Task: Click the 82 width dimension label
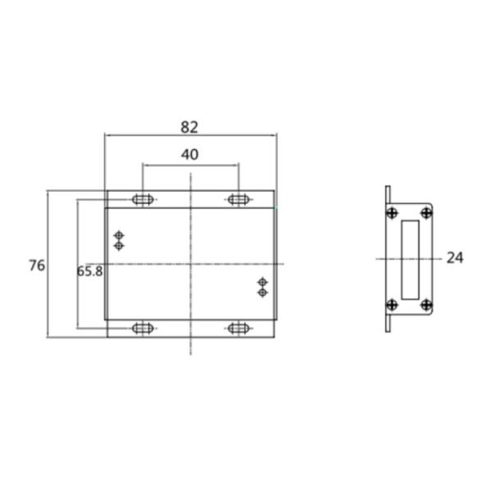click(189, 127)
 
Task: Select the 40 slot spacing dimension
click(189, 154)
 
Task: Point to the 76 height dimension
click(36, 265)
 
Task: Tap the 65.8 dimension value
click(90, 271)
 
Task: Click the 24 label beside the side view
click(455, 257)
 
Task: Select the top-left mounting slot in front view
click(143, 199)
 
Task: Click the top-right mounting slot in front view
click(239, 199)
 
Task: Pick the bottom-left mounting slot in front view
click(143, 329)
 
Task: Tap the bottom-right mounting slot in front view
click(239, 329)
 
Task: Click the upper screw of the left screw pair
click(119, 235)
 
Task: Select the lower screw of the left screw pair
click(119, 245)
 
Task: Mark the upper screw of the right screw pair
click(262, 282)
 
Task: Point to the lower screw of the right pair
click(262, 292)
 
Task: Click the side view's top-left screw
click(393, 213)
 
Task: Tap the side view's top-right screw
click(426, 213)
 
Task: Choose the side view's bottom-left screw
click(393, 304)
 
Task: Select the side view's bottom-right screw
click(426, 304)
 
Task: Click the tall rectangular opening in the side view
click(409, 258)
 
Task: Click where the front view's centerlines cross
click(190, 263)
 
